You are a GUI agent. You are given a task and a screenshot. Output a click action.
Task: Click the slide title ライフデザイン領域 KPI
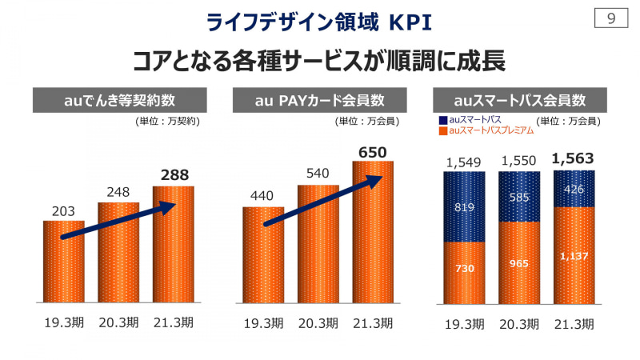point(319,22)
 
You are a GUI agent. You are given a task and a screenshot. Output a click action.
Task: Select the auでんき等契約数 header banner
point(119,101)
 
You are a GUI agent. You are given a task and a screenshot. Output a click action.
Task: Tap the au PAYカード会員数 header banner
point(319,101)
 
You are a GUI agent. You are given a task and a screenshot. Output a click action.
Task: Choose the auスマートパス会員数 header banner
point(519,101)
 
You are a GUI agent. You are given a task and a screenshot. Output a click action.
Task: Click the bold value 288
point(174,174)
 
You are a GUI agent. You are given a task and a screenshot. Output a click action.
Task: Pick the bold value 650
point(373,150)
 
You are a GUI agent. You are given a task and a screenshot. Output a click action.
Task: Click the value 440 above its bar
point(263,197)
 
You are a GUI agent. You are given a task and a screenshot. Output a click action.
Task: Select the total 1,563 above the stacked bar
point(574,159)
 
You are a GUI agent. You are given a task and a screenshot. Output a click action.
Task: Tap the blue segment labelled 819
point(464,207)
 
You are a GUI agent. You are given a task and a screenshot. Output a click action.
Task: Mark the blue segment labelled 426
point(574,190)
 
